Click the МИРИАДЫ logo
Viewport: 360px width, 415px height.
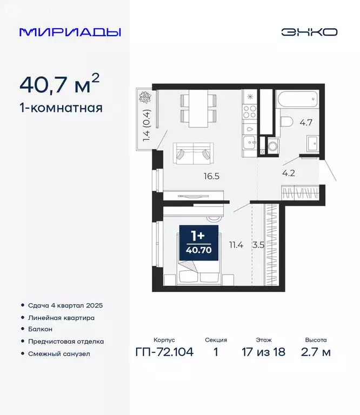click(70, 32)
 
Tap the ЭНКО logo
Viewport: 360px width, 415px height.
click(309, 32)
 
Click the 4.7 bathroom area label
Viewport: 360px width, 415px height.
click(306, 122)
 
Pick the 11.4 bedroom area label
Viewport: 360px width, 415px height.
click(236, 245)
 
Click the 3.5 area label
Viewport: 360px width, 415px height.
click(259, 245)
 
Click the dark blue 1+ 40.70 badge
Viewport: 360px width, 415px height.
click(198, 243)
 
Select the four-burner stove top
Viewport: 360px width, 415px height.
click(250, 112)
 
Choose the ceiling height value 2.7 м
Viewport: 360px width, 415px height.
click(316, 352)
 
